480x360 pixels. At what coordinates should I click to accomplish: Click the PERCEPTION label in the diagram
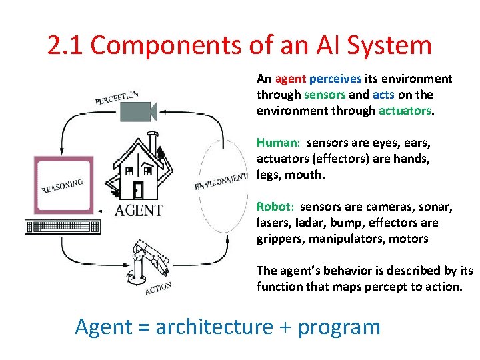(117, 98)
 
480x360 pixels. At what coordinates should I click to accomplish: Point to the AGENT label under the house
(138, 211)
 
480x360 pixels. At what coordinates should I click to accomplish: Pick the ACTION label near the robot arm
(158, 287)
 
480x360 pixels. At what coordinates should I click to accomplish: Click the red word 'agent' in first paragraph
(288, 79)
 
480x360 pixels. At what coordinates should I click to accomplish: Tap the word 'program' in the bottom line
(339, 327)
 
